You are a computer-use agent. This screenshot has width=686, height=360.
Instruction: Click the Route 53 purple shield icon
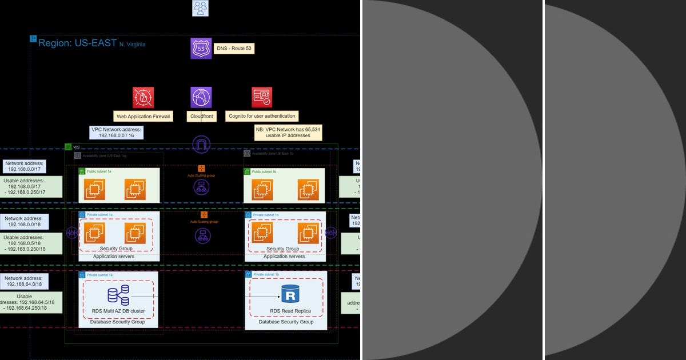click(x=201, y=49)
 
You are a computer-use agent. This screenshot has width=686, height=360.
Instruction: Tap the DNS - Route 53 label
click(x=233, y=49)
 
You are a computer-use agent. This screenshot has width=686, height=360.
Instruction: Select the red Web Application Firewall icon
click(x=143, y=98)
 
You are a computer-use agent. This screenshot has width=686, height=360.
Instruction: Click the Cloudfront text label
click(x=201, y=116)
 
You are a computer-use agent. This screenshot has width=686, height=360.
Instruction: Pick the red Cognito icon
click(x=262, y=98)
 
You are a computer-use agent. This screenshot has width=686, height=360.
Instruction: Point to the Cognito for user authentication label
click(x=262, y=116)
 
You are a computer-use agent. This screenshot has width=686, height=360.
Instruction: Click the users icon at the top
click(x=201, y=7)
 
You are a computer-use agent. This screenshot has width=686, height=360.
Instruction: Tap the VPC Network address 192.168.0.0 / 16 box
click(x=117, y=133)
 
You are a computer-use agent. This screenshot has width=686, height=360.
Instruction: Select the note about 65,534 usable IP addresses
click(x=288, y=133)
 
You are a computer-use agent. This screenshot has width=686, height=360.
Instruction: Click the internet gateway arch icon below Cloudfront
click(x=201, y=145)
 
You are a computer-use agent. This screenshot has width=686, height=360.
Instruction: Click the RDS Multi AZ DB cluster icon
click(x=118, y=295)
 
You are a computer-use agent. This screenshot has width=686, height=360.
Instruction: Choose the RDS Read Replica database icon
click(x=290, y=295)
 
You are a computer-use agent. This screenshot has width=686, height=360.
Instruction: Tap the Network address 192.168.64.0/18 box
click(x=25, y=281)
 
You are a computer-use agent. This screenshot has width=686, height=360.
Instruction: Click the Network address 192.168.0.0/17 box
click(x=25, y=166)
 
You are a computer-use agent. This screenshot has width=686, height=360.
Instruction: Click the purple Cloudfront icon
click(x=201, y=98)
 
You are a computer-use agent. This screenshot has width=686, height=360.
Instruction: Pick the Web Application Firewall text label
click(x=143, y=116)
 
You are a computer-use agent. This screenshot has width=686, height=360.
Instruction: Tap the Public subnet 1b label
click(x=264, y=171)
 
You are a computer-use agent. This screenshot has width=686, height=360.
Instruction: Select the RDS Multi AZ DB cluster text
click(x=118, y=311)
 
